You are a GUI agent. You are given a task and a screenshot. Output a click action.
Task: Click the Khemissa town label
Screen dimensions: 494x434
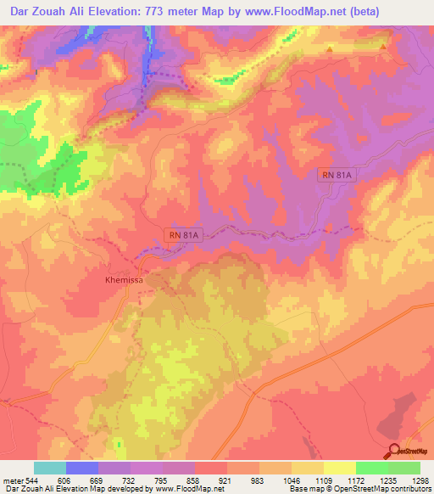tap(123, 278)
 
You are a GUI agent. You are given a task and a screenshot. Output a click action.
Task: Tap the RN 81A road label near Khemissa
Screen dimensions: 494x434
tap(183, 235)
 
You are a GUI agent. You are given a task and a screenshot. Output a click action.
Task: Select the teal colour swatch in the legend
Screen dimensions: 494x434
tap(50, 468)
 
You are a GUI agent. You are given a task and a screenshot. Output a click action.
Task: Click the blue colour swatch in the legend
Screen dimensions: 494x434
tap(82, 468)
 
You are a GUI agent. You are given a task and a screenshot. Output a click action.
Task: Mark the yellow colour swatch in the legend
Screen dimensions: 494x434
tap(339, 468)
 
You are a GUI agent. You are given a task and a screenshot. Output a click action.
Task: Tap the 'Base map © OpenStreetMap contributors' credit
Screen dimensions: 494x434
tap(359, 489)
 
